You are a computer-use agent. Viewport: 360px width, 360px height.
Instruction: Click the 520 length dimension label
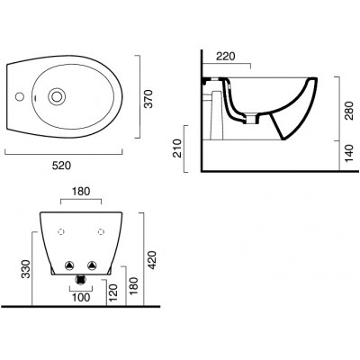click(62, 166)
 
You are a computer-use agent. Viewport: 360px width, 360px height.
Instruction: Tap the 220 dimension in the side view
click(226, 57)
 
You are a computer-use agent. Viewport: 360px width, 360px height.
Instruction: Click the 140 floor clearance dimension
click(349, 153)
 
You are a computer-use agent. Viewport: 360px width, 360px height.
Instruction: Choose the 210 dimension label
click(177, 148)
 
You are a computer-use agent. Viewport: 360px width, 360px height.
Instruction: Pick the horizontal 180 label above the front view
click(81, 192)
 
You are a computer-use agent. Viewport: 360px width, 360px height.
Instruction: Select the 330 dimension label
click(26, 269)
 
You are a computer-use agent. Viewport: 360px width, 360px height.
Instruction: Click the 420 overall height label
click(153, 260)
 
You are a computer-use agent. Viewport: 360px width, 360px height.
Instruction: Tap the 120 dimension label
click(113, 293)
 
